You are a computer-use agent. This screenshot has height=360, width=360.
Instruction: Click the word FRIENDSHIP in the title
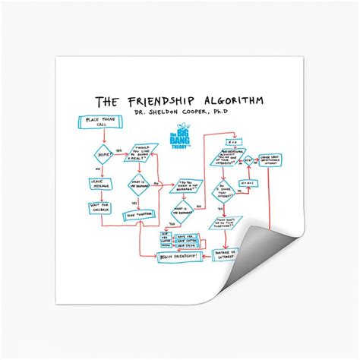(x=165, y=102)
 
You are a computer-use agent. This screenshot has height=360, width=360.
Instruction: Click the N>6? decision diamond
(x=247, y=161)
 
